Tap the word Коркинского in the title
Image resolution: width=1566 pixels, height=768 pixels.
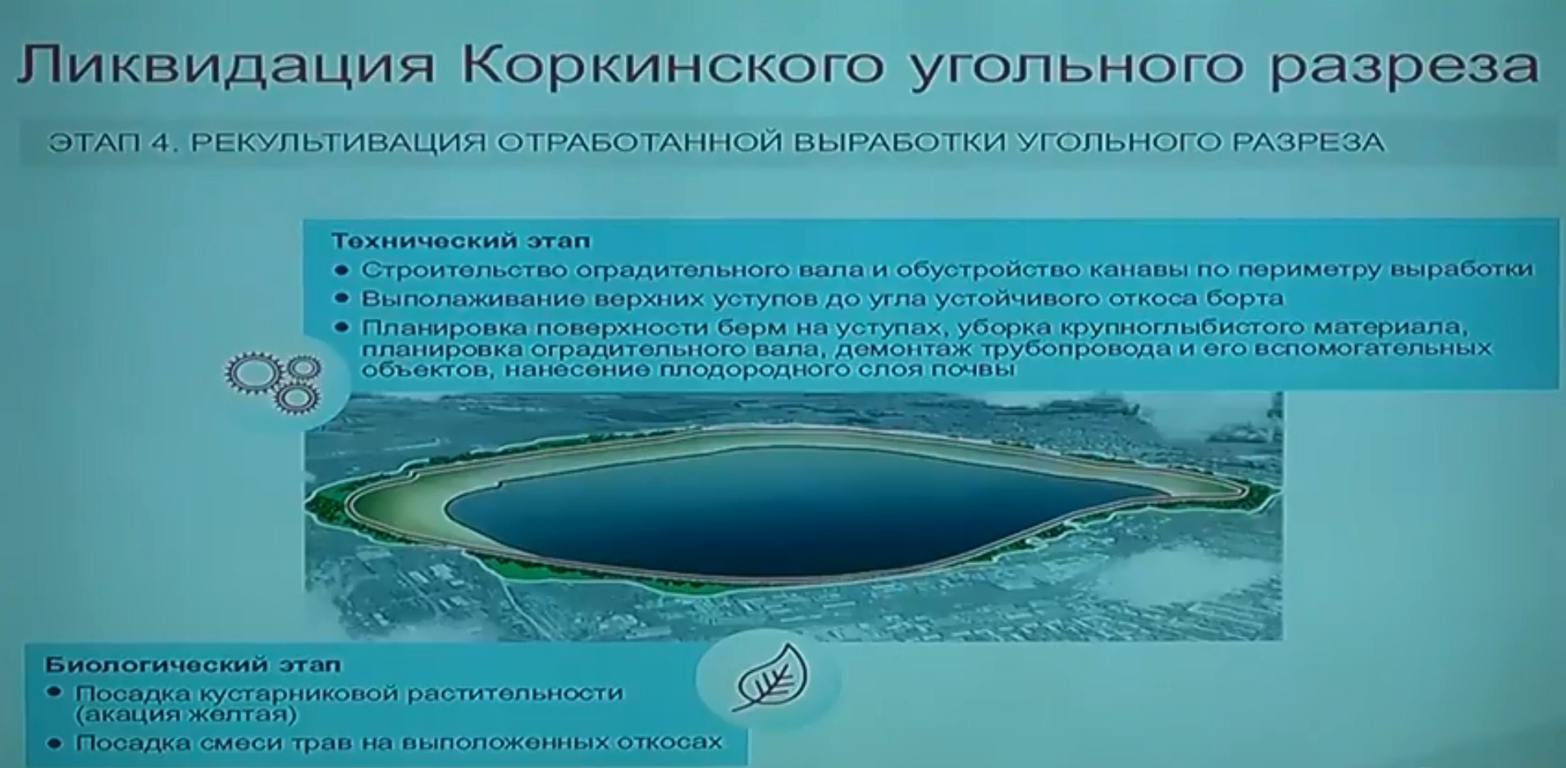pyautogui.click(x=672, y=66)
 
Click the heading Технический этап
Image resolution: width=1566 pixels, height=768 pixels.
pyautogui.click(x=460, y=241)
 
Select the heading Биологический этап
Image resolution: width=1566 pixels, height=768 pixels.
pyautogui.click(x=193, y=664)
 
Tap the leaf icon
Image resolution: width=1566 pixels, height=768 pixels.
pyautogui.click(x=769, y=677)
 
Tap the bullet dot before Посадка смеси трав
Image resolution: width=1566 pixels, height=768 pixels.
pyautogui.click(x=56, y=743)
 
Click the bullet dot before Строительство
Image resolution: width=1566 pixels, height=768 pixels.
pyautogui.click(x=342, y=270)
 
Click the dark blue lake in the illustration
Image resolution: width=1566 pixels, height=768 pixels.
pyautogui.click(x=788, y=508)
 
